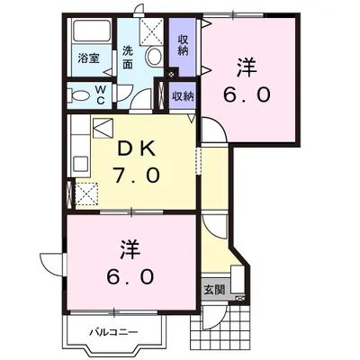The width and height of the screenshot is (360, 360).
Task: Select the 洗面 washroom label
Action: (x=129, y=56)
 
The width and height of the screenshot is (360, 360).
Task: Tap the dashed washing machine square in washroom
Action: (x=152, y=32)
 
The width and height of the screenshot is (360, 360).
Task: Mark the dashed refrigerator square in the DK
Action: (x=87, y=193)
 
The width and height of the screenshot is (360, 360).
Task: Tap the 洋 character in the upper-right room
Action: (x=245, y=66)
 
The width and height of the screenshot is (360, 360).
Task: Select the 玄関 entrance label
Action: (x=214, y=290)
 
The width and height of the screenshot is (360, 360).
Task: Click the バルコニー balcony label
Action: (x=112, y=332)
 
